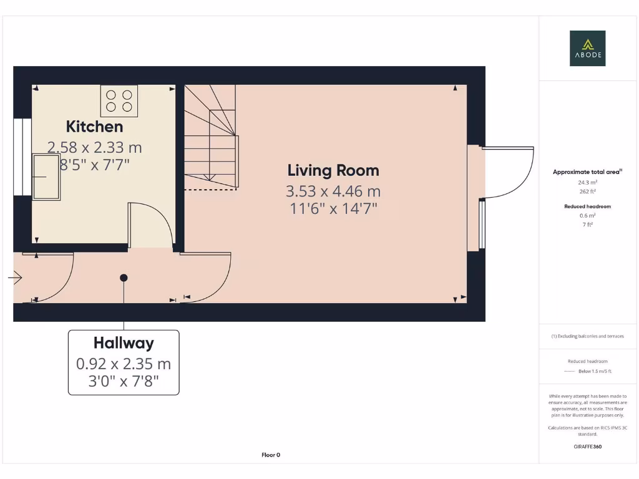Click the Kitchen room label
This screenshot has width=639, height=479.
pos(95,127)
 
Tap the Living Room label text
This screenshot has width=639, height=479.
pos(333,170)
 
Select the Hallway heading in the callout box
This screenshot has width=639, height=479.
pos(124,342)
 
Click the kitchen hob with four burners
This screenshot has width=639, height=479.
pos(119,100)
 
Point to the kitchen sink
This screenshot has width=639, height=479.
pos(46,177)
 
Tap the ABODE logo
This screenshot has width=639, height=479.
pos(587,49)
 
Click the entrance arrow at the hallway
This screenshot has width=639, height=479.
pos(15,278)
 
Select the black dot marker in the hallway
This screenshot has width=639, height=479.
pos(124,278)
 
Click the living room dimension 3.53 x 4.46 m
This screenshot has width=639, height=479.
pos(333,191)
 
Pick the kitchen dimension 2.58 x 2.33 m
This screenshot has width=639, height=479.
pos(95,148)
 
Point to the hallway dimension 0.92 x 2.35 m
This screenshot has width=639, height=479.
pos(124,364)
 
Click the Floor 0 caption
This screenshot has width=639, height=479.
pos(271,455)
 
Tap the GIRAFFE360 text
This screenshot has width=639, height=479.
pos(587,447)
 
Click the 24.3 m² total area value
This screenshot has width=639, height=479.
pos(587,183)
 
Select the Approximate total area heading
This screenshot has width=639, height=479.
pos(587,172)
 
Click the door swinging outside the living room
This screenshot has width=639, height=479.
pos(509,172)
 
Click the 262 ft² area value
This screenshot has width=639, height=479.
pos(587,191)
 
